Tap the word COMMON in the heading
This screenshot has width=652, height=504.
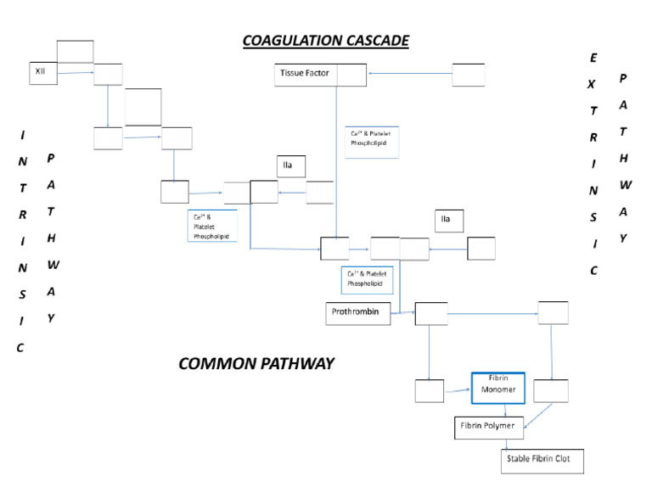216,364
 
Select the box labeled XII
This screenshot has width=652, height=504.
42,74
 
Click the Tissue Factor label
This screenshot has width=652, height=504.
305,74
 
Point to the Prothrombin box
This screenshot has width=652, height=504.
357,313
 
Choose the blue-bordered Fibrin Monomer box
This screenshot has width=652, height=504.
497,388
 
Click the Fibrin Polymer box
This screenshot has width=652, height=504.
488,427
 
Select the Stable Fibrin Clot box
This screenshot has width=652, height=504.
541,461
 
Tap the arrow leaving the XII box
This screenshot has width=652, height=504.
75,74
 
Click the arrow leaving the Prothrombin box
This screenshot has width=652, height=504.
402,314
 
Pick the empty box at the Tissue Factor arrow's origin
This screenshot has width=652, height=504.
468,75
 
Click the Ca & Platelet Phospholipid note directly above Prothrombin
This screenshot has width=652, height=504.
367,280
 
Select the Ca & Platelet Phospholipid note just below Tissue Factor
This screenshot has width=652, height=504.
372,142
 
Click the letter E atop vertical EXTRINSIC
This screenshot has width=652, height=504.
593,57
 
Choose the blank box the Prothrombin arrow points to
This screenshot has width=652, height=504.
430,313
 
